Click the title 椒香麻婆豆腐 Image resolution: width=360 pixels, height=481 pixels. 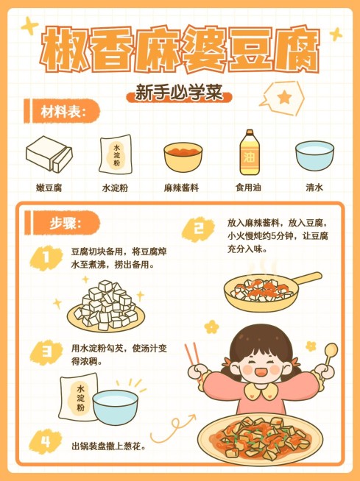[x=180, y=51]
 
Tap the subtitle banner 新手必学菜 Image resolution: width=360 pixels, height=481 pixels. [x=180, y=95]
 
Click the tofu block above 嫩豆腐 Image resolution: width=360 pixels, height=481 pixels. [x=49, y=154]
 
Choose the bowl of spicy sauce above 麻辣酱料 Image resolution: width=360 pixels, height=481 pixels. [x=183, y=157]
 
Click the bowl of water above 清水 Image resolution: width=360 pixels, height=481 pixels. [x=314, y=156]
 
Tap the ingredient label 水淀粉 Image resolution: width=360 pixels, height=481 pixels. [x=115, y=188]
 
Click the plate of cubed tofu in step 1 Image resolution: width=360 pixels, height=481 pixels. [x=106, y=307]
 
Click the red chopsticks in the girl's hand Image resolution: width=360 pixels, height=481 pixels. [x=194, y=356]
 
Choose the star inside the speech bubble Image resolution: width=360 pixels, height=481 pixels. [x=284, y=96]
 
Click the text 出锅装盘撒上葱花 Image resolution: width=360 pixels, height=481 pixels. [x=108, y=446]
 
